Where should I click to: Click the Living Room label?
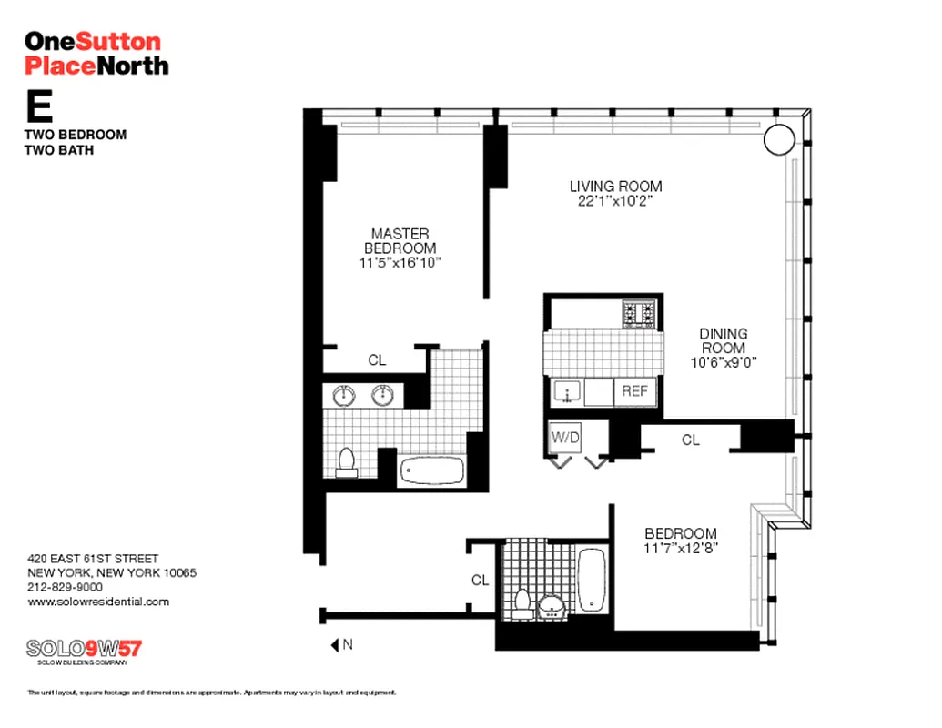[609, 187]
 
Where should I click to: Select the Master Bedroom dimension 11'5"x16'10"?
[400, 263]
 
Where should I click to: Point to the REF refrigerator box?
[634, 391]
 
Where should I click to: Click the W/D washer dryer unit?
[564, 437]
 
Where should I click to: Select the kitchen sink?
[568, 392]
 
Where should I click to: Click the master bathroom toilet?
[346, 462]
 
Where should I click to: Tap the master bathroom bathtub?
[432, 471]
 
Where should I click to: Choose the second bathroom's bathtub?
[592, 580]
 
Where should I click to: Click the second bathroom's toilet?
[522, 604]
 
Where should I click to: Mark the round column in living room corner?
[778, 139]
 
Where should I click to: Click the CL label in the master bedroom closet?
[377, 360]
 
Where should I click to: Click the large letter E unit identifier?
[38, 107]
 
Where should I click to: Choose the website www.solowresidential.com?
[98, 602]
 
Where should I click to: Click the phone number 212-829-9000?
[65, 587]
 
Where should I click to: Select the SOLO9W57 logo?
[84, 650]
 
